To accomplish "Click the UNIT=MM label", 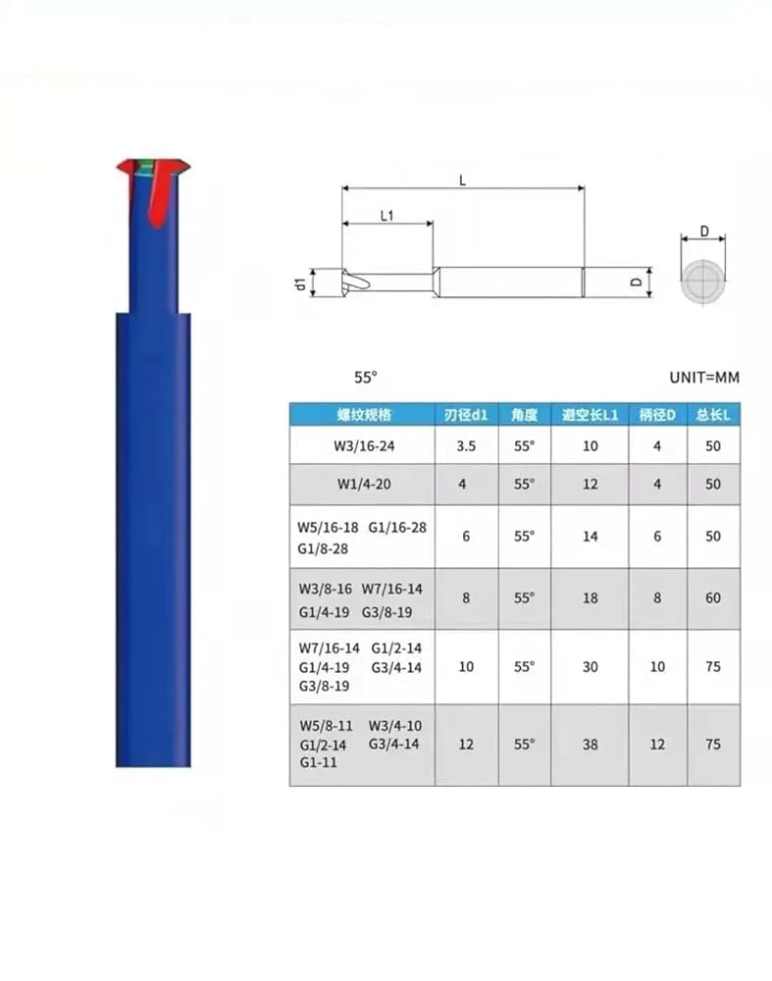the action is [704, 378].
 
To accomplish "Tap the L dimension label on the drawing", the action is [462, 181].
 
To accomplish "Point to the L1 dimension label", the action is [387, 216].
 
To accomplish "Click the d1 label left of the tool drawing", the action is [301, 284].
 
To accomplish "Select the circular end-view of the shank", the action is [703, 281].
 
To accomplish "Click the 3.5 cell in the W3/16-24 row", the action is [466, 446].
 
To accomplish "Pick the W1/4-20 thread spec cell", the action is [364, 485].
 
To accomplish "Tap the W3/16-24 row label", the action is [364, 446].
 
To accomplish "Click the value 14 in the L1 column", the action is [590, 537].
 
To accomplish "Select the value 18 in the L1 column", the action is [590, 598].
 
